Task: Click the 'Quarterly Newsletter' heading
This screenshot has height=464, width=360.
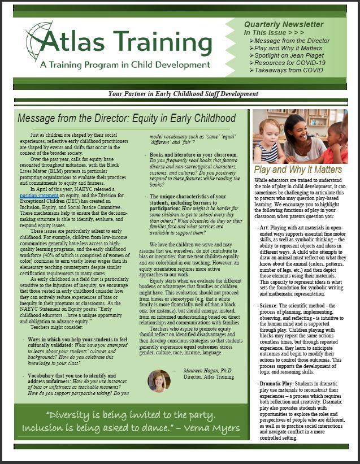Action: [292, 25]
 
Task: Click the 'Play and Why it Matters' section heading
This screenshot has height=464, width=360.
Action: [298, 169]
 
